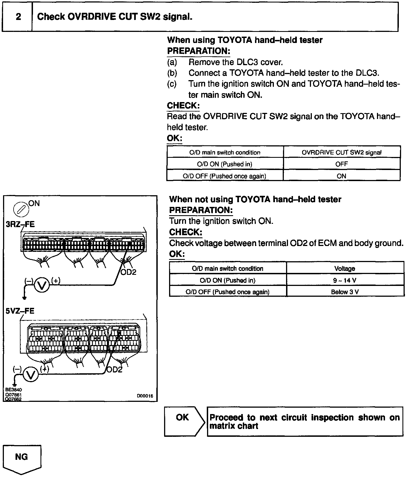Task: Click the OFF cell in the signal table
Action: (x=341, y=164)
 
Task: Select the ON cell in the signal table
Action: (x=341, y=176)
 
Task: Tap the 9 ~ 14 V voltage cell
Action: (x=345, y=280)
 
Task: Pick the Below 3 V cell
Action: (x=345, y=292)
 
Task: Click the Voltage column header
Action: (x=345, y=268)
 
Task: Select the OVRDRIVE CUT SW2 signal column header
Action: (x=341, y=152)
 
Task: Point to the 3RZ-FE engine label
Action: (x=20, y=224)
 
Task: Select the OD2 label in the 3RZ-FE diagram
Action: (x=129, y=272)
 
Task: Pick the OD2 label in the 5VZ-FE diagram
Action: (x=114, y=370)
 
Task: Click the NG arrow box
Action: (x=22, y=458)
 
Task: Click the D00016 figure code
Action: (x=145, y=396)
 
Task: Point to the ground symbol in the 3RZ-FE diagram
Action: (x=24, y=298)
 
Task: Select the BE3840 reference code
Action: (x=14, y=390)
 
